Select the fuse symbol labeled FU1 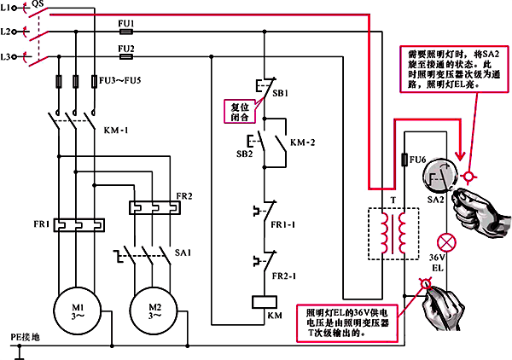(x=126, y=31)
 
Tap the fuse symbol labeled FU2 (x=126, y=59)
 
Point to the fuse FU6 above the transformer (x=404, y=160)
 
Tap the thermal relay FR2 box (x=154, y=206)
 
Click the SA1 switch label (x=182, y=253)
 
